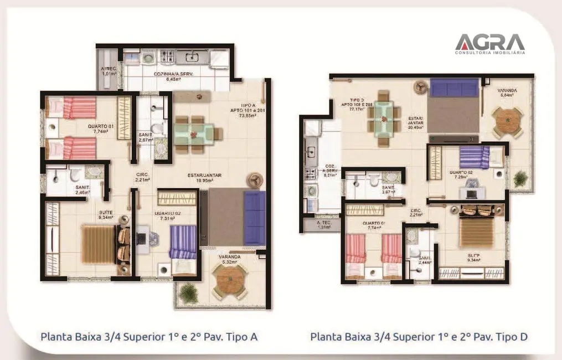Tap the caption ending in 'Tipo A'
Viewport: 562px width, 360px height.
149,336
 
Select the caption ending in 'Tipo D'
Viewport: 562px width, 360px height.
419,336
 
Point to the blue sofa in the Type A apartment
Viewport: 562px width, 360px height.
255,218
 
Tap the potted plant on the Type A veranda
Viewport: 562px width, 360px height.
189,293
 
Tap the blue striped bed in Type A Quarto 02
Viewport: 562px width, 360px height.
183,243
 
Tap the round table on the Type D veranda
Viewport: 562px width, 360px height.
507,122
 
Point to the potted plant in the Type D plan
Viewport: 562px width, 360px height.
520,178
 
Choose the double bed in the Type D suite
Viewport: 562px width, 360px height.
476,233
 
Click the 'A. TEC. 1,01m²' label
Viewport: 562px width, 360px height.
109,71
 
